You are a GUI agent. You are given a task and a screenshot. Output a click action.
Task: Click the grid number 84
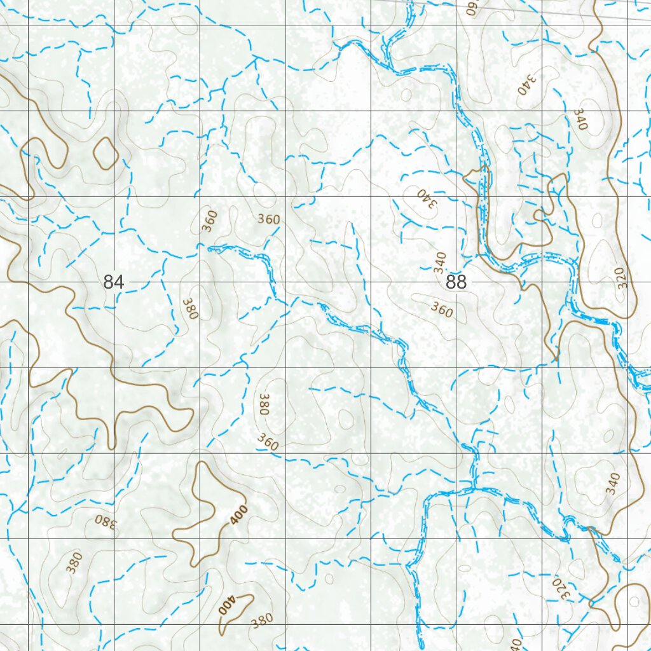(x=113, y=282)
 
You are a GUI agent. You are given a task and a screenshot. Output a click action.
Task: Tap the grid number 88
(x=456, y=282)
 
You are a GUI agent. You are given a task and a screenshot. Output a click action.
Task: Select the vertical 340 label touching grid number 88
(x=440, y=263)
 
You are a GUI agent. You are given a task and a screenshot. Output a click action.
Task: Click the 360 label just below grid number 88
(x=442, y=310)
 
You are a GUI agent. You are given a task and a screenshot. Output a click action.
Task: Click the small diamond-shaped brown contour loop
(x=106, y=154)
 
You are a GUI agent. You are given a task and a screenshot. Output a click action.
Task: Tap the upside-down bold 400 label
(x=227, y=605)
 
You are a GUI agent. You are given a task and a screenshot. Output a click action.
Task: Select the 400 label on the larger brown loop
(x=238, y=513)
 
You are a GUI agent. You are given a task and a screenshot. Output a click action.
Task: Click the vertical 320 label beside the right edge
(x=622, y=277)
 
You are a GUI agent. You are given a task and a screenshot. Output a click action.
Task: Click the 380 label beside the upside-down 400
(x=262, y=619)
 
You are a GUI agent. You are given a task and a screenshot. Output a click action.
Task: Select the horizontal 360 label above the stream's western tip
(x=268, y=219)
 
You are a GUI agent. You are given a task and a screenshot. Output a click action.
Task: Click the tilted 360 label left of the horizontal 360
(x=209, y=221)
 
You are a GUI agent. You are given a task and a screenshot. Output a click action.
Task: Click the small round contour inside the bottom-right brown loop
(x=633, y=601)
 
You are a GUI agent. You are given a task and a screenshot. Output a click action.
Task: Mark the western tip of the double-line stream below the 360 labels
(x=210, y=249)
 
